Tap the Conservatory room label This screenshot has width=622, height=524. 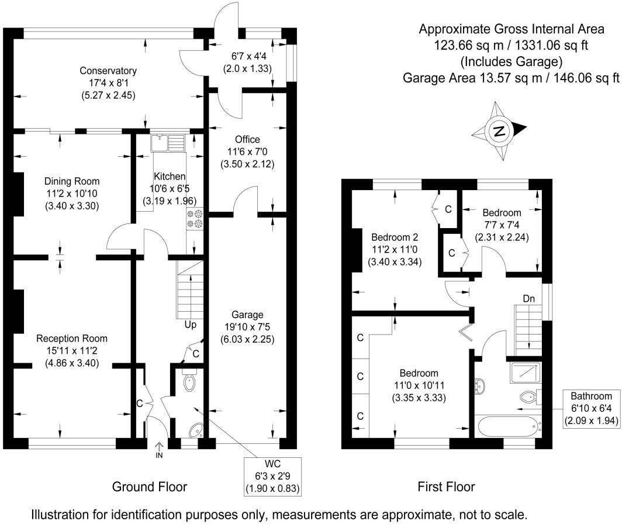(x=108, y=71)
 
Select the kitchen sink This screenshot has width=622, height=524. (x=167, y=143)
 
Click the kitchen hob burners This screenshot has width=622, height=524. (x=194, y=218)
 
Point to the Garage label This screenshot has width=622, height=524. (x=247, y=315)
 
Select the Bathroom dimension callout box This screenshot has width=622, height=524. (x=592, y=408)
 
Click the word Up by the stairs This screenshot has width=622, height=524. (x=190, y=325)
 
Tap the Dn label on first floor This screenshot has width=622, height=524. (x=528, y=298)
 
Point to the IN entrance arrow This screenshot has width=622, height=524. (x=158, y=449)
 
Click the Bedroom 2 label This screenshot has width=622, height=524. (x=395, y=237)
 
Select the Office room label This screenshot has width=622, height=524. (x=247, y=140)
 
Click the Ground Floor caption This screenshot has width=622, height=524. (x=149, y=487)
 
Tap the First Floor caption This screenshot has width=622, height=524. (x=446, y=487)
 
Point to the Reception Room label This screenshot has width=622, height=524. (x=72, y=339)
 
